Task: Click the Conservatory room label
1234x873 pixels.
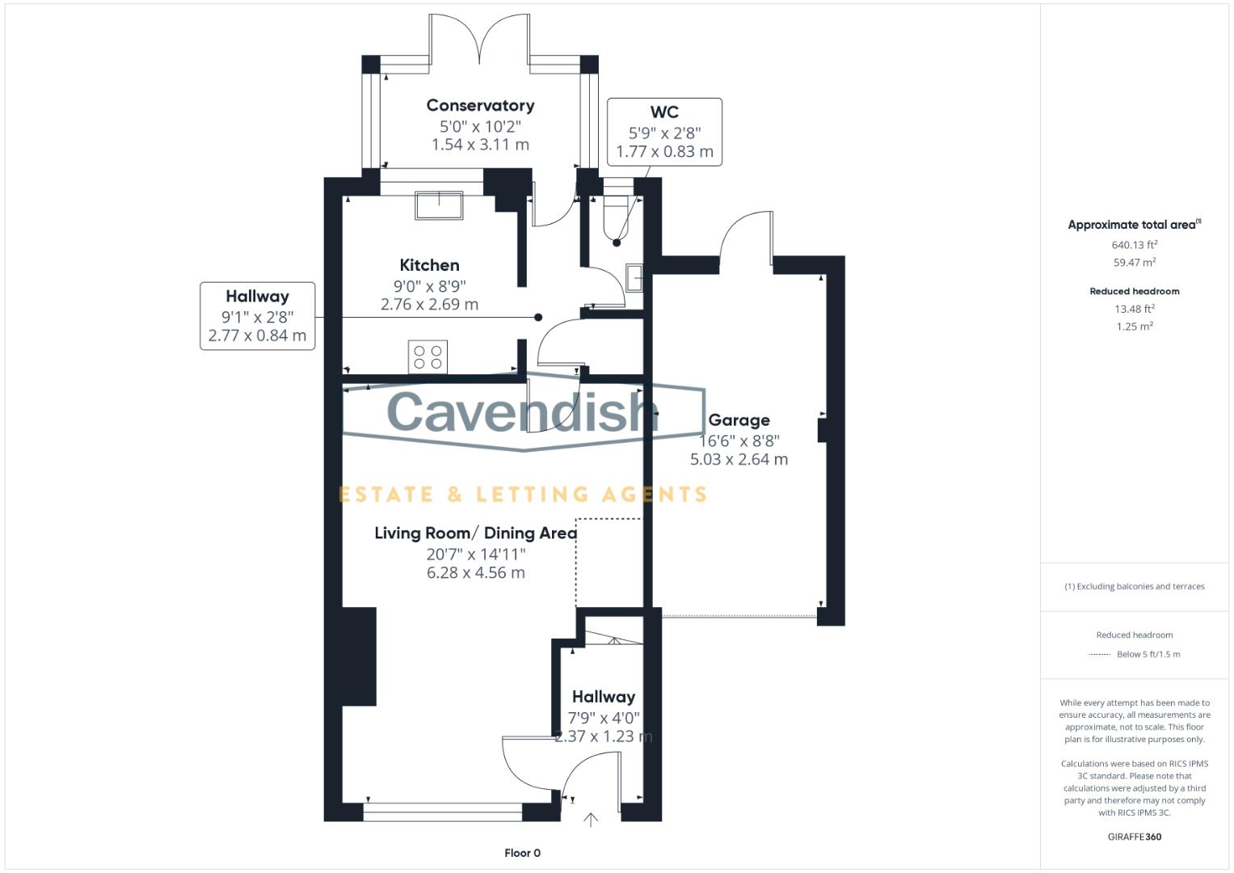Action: [480, 106]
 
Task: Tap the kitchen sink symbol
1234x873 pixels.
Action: [439, 205]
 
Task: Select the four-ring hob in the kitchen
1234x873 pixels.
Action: [427, 356]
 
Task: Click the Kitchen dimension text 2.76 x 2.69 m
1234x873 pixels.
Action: [429, 305]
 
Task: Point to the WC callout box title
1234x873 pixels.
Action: [664, 112]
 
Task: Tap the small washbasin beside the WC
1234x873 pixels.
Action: [634, 278]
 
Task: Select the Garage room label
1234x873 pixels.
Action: [739, 420]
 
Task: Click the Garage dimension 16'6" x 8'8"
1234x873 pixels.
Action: [739, 441]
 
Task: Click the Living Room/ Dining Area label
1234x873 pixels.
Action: [475, 533]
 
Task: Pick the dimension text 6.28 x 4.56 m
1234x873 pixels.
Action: [475, 573]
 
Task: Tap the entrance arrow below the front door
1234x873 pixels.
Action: [591, 820]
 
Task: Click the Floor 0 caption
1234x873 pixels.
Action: [522, 853]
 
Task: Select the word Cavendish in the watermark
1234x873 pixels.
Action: [521, 411]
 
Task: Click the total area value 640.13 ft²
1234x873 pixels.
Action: [1134, 245]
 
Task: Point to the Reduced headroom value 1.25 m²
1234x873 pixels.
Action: [1134, 327]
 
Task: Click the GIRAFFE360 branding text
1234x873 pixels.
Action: [1134, 837]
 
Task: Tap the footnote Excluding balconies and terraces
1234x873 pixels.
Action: [1134, 587]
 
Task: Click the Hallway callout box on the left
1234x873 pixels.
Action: [257, 316]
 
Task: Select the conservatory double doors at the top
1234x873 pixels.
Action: [479, 39]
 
